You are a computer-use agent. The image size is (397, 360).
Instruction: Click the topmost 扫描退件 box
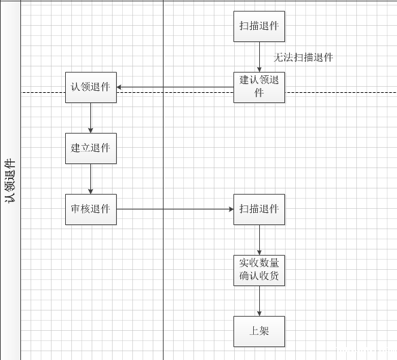click(259, 26)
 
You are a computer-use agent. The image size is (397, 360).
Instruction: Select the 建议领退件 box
click(259, 87)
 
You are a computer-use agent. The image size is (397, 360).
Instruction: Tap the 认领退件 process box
click(91, 87)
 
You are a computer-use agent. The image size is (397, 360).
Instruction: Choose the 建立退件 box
click(91, 148)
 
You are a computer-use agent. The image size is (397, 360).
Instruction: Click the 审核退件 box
click(91, 209)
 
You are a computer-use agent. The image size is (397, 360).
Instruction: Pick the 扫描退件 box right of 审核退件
click(259, 209)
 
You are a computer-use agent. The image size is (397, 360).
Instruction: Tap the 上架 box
click(259, 332)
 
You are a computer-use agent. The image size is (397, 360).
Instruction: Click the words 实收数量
click(259, 263)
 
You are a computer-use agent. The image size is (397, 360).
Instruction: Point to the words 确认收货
click(259, 277)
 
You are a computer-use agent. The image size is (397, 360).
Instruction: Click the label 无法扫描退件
click(303, 58)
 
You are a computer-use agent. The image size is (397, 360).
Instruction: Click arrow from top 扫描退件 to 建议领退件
click(259, 57)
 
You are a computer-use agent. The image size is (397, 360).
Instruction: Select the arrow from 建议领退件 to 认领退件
click(175, 87)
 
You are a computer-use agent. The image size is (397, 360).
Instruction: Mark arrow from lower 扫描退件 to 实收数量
click(259, 239)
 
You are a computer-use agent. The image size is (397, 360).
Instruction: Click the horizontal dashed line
click(339, 93)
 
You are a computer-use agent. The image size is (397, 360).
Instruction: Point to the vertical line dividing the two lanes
click(164, 285)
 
